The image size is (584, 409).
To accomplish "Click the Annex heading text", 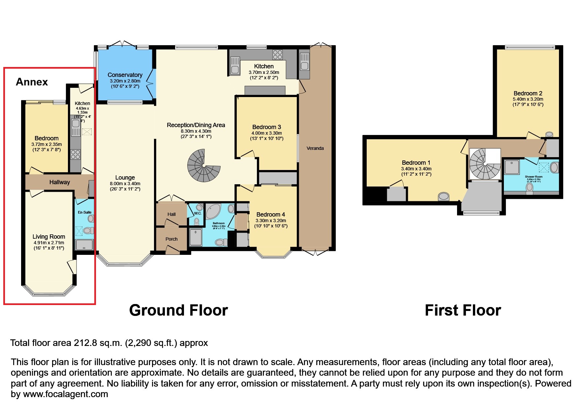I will click(x=32, y=82).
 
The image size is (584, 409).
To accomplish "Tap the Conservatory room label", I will click(x=125, y=75).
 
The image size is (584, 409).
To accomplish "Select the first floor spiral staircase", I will click(x=484, y=164).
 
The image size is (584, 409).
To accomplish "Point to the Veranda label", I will click(x=315, y=148).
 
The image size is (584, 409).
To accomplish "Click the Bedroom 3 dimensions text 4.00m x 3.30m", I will click(x=266, y=133).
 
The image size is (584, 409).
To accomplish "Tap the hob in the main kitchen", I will click(x=277, y=54).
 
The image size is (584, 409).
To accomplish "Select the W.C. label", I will click(x=198, y=214).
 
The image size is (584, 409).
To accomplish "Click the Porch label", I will click(x=171, y=239).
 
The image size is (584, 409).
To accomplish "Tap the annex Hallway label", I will click(x=60, y=182).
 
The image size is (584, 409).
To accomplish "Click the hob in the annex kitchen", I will click(x=76, y=154).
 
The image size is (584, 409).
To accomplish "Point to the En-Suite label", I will click(x=85, y=212).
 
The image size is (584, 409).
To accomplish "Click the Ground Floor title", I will click(x=178, y=310).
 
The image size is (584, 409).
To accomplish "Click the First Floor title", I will click(x=463, y=310).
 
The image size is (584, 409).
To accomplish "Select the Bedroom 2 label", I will click(x=528, y=93).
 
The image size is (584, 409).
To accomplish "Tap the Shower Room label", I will click(x=534, y=177).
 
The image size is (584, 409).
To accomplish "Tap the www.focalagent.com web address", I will click(x=65, y=394).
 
